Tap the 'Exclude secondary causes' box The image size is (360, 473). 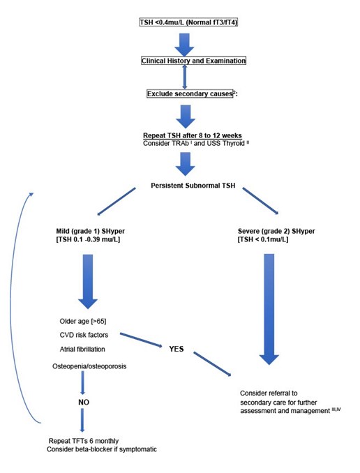[x=190, y=93]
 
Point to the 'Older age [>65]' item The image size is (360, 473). [x=82, y=321]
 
